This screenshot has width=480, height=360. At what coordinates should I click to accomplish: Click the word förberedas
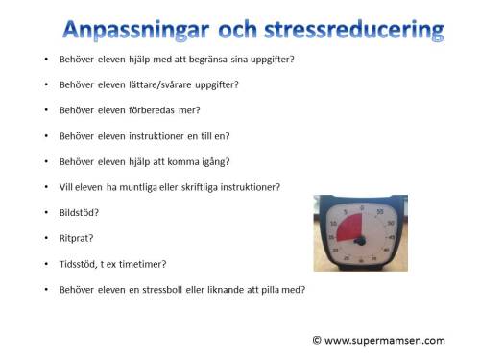coord(142,109)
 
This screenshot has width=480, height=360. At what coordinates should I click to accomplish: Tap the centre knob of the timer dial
coord(360,242)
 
